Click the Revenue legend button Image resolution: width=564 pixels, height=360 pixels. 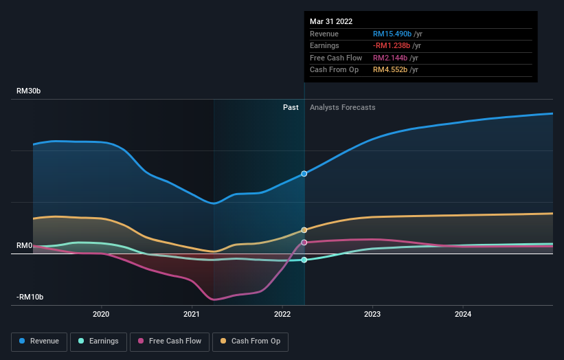39,341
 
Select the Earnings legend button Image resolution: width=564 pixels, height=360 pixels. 98,341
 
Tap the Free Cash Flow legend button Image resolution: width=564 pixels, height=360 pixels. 170,341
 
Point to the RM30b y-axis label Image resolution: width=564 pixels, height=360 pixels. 30,91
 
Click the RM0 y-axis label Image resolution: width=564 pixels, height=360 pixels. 25,245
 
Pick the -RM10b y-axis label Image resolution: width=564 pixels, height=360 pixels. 30,297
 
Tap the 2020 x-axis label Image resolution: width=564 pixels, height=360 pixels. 101,315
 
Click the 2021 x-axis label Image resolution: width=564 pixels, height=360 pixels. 192,315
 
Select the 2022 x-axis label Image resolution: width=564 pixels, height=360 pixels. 282,315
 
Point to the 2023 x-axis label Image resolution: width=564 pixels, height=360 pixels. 372,315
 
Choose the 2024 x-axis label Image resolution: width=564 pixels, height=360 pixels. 463,315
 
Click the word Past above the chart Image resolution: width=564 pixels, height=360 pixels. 291,107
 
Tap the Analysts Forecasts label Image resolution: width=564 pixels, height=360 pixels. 343,107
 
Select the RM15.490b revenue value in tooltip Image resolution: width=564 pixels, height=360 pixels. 392,34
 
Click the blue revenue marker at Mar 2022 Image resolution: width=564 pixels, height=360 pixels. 304,174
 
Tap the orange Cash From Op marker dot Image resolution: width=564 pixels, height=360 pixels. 304,230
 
